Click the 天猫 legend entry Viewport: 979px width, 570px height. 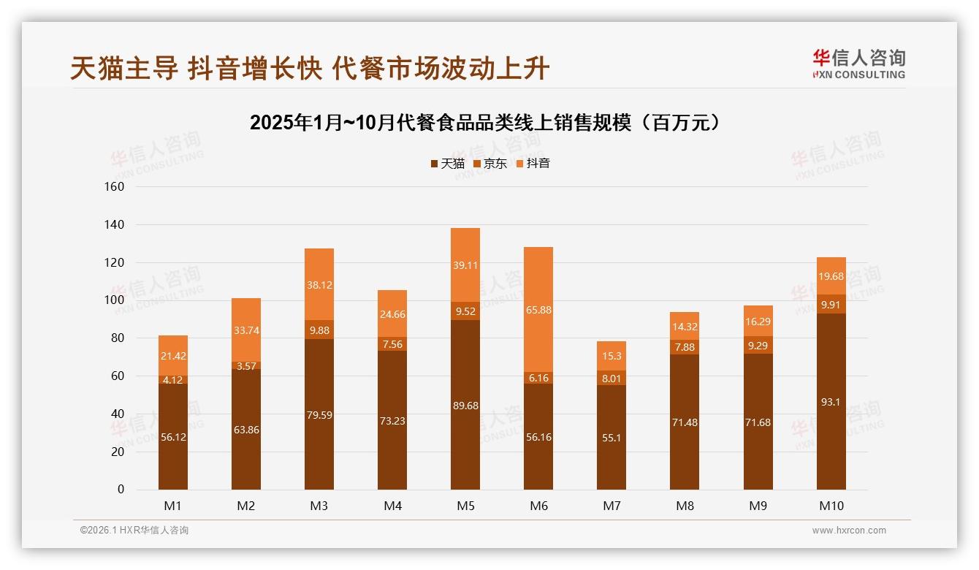click(447, 164)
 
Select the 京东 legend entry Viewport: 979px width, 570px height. click(490, 164)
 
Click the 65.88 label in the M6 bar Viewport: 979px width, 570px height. click(538, 310)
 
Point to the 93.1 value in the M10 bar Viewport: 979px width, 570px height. click(831, 402)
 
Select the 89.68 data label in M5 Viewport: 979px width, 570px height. click(465, 406)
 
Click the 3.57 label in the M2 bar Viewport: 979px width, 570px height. click(246, 366)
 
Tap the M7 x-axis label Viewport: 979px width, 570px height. click(612, 506)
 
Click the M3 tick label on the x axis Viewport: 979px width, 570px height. click(319, 506)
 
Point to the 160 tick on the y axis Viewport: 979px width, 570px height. click(115, 186)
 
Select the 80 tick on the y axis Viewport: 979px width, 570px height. click(118, 338)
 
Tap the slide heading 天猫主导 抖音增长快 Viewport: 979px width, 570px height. click(310, 69)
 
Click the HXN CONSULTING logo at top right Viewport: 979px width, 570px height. click(859, 64)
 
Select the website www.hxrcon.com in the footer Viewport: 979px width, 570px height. click(849, 531)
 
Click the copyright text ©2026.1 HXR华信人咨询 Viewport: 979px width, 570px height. click(134, 531)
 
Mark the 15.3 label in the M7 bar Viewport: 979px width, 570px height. click(612, 356)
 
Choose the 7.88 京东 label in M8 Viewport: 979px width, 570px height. click(685, 347)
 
